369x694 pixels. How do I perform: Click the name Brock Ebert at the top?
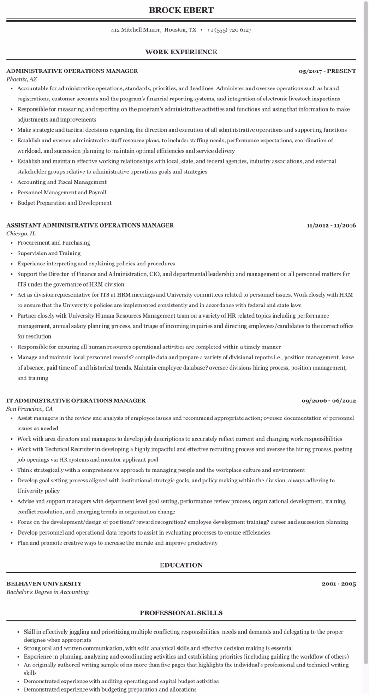[x=181, y=10]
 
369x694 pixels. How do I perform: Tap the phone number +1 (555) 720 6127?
[x=229, y=30]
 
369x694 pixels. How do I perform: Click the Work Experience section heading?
[x=181, y=52]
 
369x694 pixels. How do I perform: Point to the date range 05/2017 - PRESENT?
[x=327, y=71]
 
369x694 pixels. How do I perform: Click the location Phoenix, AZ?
[x=22, y=79]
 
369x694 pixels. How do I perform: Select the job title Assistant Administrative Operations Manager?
[x=90, y=225]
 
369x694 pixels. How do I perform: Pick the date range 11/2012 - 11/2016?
[x=331, y=225]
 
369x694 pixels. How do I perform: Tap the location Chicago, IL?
[x=21, y=234]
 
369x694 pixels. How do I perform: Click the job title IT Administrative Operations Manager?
[x=76, y=400]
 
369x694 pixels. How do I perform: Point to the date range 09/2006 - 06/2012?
[x=328, y=400]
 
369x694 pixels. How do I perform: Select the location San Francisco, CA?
[x=30, y=409]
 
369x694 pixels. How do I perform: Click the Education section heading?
[x=181, y=565]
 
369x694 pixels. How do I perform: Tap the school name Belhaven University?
[x=44, y=583]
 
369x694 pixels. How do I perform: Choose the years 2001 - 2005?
[x=339, y=584]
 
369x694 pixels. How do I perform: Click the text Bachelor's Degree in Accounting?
[x=48, y=592]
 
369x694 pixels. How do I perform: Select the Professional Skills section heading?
[x=181, y=613]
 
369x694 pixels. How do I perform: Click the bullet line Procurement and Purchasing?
[x=54, y=243]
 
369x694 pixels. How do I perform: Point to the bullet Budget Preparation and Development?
[x=65, y=203]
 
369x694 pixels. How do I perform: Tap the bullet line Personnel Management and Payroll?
[x=62, y=192]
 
